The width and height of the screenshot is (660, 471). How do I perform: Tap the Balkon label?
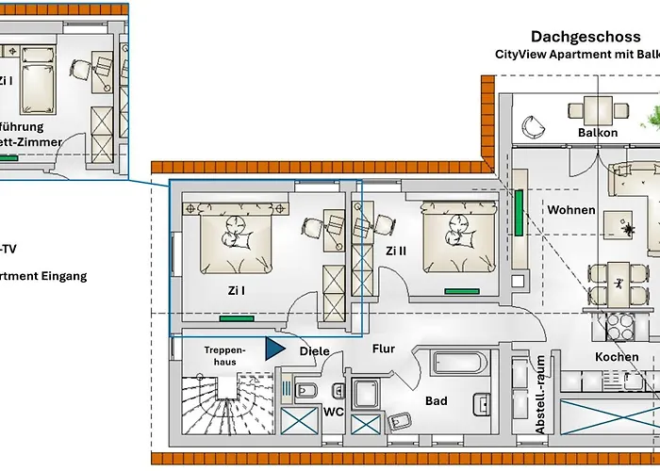tap(598, 133)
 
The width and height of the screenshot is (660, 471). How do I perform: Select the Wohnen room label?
tap(571, 209)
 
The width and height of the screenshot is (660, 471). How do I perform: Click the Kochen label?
tap(617, 357)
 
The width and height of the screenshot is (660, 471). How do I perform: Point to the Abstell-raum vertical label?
tap(540, 394)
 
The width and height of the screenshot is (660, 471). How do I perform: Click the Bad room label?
tap(436, 401)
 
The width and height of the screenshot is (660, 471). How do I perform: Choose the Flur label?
tap(383, 349)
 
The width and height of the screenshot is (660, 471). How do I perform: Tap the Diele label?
tap(314, 351)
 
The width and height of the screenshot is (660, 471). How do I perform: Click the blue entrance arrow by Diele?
tap(274, 349)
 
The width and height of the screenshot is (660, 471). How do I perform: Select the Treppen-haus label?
tap(224, 355)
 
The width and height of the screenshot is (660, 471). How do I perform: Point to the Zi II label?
tap(395, 251)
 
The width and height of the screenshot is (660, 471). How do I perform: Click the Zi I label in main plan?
tap(235, 290)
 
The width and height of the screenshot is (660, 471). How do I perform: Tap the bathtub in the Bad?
tap(459, 364)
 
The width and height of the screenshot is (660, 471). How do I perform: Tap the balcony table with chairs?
tap(598, 110)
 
